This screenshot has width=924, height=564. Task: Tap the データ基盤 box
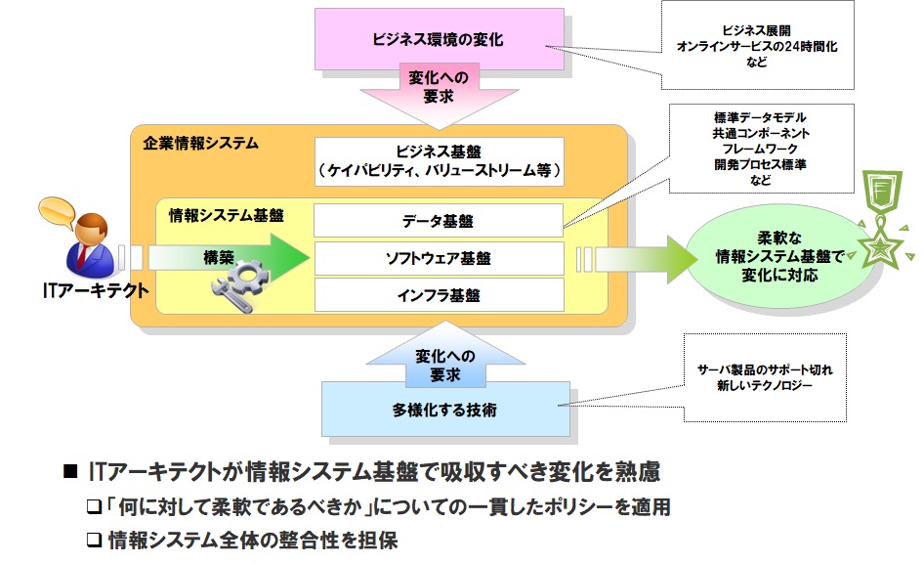coord(438,221)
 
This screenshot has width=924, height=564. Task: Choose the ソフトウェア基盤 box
coord(438,258)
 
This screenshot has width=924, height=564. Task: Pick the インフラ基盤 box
coord(438,294)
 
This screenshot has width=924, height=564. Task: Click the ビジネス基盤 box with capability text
coord(438,161)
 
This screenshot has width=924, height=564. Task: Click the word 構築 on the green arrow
coord(219,257)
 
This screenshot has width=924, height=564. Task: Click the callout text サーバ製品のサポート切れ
coord(764,372)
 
